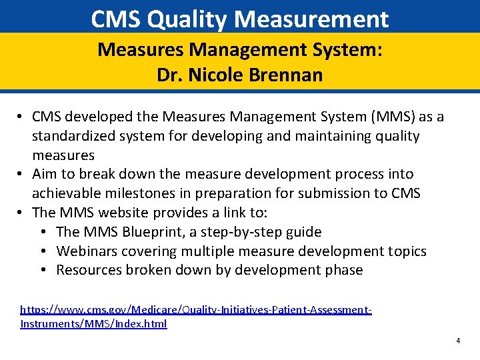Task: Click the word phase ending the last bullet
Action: coord(343,270)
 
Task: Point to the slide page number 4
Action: coord(458,341)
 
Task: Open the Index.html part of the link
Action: coord(143,324)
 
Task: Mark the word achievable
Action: coord(65,193)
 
